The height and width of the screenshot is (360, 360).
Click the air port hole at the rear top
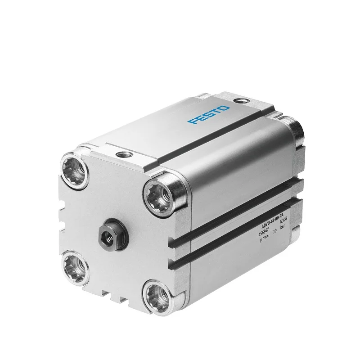(x=242, y=100)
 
